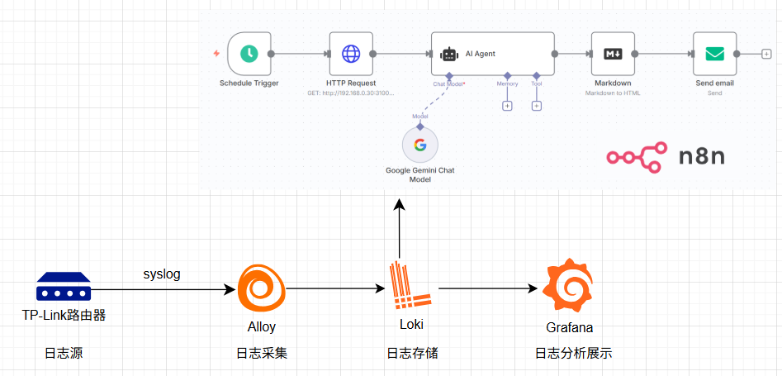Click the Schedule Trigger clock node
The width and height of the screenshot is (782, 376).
click(x=249, y=54)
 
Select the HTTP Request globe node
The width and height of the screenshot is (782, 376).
click(x=351, y=54)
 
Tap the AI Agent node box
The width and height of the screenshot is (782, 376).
click(x=492, y=54)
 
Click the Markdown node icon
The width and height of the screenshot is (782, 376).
click(x=613, y=54)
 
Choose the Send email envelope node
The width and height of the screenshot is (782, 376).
click(x=714, y=54)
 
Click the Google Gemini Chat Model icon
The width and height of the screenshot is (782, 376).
click(x=420, y=145)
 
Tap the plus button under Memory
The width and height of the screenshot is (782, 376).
click(x=507, y=105)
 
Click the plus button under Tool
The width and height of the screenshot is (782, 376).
click(x=536, y=105)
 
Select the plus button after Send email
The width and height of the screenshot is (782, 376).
click(x=766, y=54)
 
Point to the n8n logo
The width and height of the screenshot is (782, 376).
click(x=664, y=156)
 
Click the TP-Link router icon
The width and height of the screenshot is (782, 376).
click(x=64, y=288)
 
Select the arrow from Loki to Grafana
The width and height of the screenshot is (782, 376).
click(x=487, y=288)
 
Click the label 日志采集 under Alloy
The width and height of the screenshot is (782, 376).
click(x=261, y=354)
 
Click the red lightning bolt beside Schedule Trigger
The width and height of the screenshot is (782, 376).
click(x=216, y=54)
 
